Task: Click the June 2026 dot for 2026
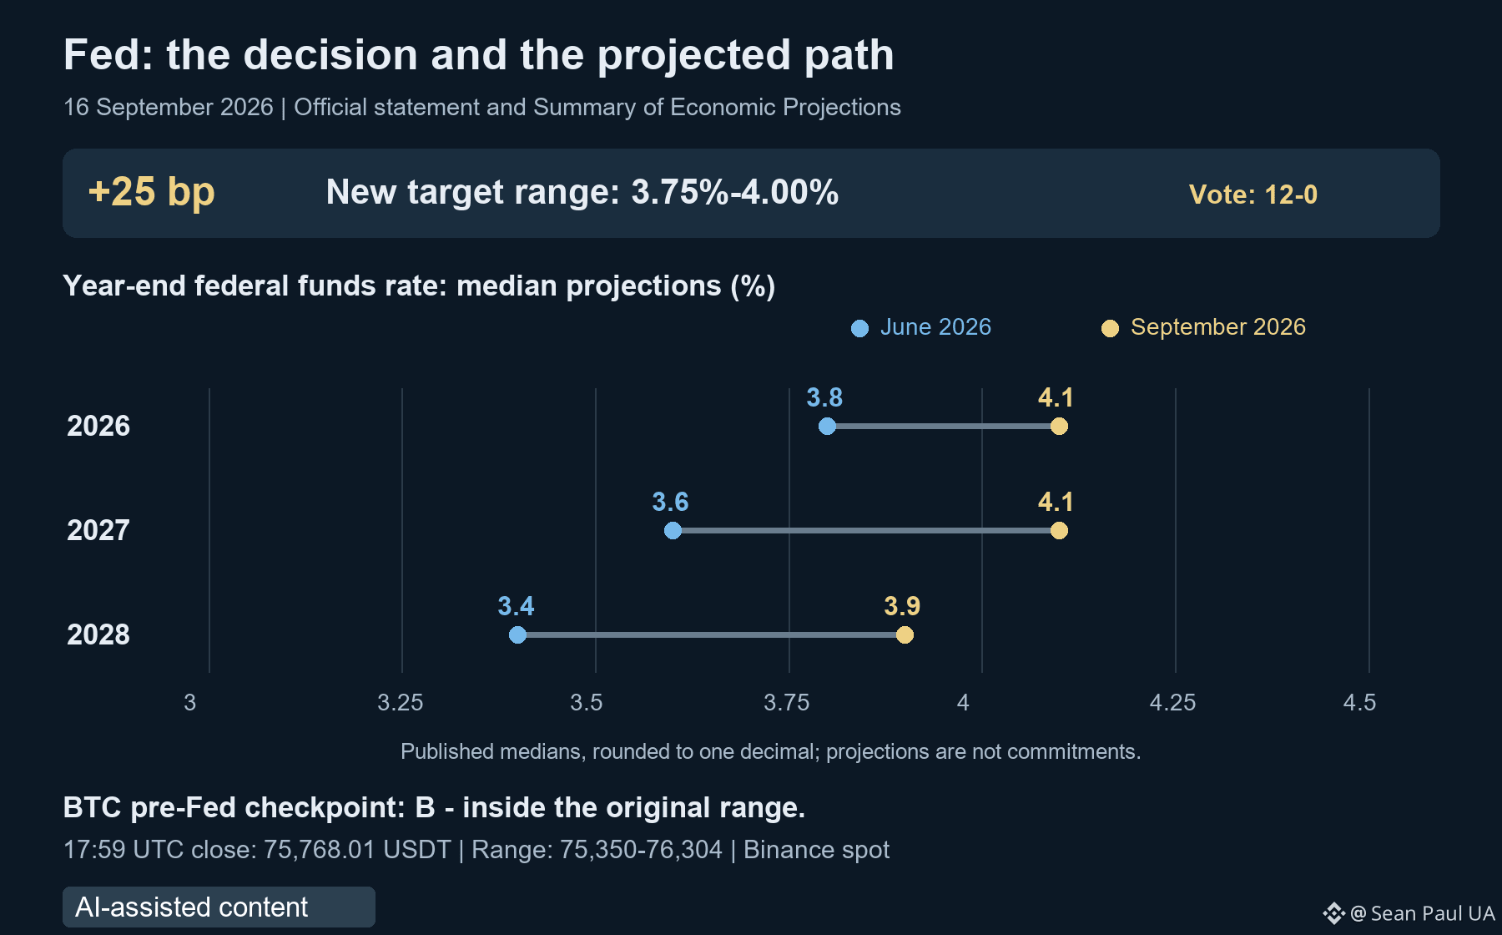(x=827, y=427)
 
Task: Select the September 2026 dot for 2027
(x=1059, y=531)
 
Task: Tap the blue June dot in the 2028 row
(x=517, y=635)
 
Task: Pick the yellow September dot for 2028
(x=905, y=635)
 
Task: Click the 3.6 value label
(x=670, y=502)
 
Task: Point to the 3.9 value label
(x=902, y=606)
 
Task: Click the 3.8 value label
(x=824, y=397)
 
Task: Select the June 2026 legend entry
(x=921, y=327)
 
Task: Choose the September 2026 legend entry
(x=1203, y=327)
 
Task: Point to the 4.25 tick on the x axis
(x=1172, y=703)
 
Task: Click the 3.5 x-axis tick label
(x=587, y=703)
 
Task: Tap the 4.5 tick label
(x=1359, y=703)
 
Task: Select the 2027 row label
(x=98, y=530)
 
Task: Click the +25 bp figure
(x=152, y=192)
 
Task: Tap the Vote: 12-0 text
(x=1253, y=195)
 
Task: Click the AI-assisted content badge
(x=219, y=907)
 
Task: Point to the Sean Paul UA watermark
(x=1409, y=913)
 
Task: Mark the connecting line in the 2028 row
(x=711, y=635)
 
